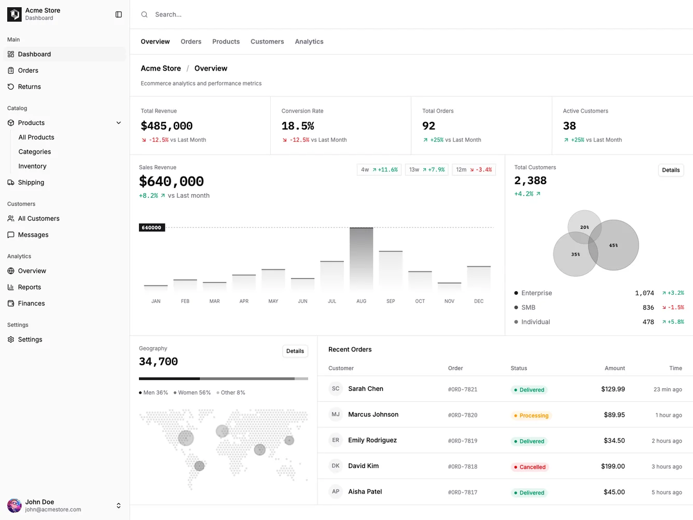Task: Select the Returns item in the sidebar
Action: click(29, 87)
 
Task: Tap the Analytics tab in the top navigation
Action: click(309, 42)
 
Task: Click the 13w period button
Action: click(426, 170)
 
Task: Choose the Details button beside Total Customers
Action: click(670, 170)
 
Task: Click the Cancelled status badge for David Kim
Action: click(530, 467)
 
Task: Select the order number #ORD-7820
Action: click(462, 415)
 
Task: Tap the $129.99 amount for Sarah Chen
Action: click(613, 389)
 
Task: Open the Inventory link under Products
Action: click(32, 166)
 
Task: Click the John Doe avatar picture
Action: click(14, 505)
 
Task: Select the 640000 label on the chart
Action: click(151, 228)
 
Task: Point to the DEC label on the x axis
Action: click(478, 302)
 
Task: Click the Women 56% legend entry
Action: click(192, 393)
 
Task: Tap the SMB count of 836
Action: click(648, 308)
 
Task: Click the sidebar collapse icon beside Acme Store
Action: click(118, 15)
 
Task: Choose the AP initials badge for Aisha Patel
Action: click(336, 491)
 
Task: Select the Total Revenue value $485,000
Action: click(167, 126)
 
